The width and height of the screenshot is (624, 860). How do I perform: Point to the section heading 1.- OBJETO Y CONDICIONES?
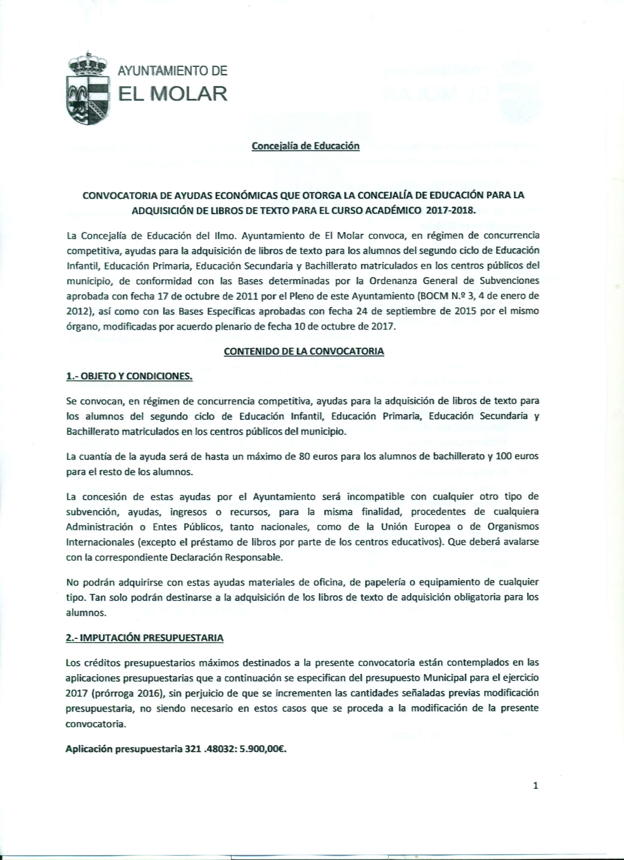129,377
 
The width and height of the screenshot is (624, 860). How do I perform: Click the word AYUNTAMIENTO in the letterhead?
173,71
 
